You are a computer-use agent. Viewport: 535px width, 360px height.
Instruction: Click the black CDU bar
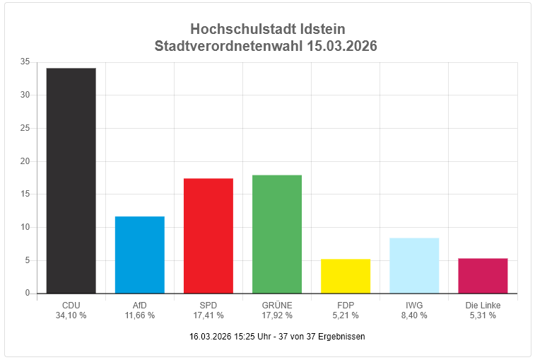(71, 180)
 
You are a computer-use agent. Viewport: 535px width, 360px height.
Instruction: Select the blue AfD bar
(139, 255)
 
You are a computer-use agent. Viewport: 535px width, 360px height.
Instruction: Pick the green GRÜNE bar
(276, 234)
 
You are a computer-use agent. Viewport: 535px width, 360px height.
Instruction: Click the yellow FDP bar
(345, 276)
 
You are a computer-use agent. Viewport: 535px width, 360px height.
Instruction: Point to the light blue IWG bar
(413, 265)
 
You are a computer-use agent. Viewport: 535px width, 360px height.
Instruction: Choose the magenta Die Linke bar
(482, 276)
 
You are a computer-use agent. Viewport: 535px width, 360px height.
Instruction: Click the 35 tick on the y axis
(25, 62)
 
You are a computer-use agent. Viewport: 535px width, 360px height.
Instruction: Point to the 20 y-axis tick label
(25, 161)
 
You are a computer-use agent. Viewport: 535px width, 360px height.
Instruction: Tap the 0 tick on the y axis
(28, 293)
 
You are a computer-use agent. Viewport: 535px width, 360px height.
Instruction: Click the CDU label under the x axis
(71, 306)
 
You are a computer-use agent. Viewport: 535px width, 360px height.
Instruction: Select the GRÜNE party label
(276, 306)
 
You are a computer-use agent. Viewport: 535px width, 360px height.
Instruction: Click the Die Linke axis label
(482, 306)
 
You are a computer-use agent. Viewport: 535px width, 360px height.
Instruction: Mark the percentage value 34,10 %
(71, 315)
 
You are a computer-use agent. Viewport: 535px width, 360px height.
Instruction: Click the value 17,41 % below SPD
(208, 315)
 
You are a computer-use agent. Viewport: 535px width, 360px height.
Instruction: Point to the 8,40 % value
(413, 315)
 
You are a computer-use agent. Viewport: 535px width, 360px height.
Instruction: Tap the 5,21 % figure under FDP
(345, 315)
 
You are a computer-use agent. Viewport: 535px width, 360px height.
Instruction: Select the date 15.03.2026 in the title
(342, 47)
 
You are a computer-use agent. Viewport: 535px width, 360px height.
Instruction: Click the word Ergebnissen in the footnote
(341, 337)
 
